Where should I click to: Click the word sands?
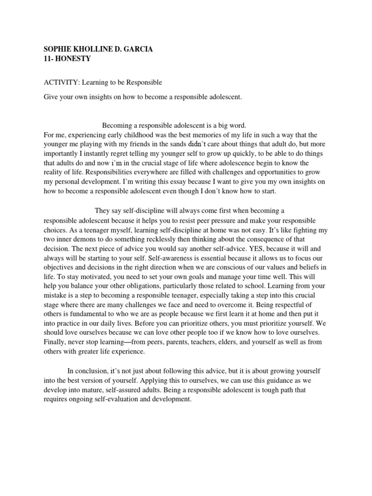pyautogui.click(x=175, y=144)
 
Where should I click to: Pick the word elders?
pyautogui.click(x=239, y=342)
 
